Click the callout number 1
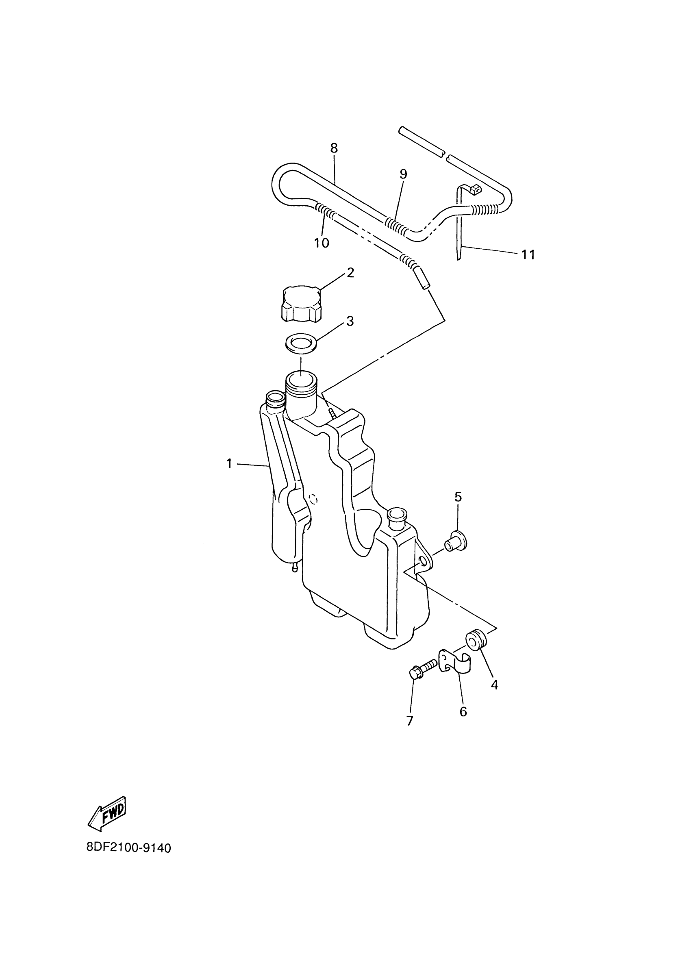click(x=229, y=464)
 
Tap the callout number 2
click(x=350, y=273)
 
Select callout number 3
click(x=350, y=322)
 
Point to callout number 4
click(x=495, y=685)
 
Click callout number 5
click(x=458, y=497)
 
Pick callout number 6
click(x=463, y=712)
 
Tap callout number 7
click(x=410, y=721)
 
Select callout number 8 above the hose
click(x=334, y=148)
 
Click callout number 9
click(x=403, y=174)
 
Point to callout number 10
click(x=322, y=243)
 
